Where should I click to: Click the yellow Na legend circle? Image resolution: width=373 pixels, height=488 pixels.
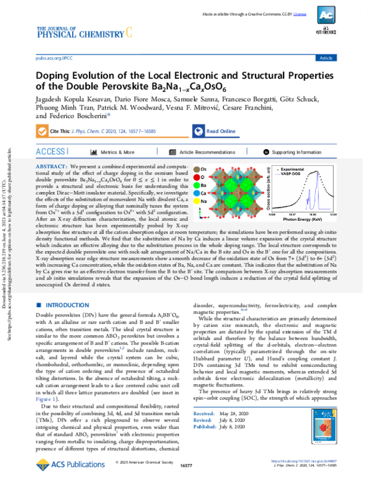click(198, 201)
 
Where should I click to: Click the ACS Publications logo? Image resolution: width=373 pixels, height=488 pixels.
click(65, 466)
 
